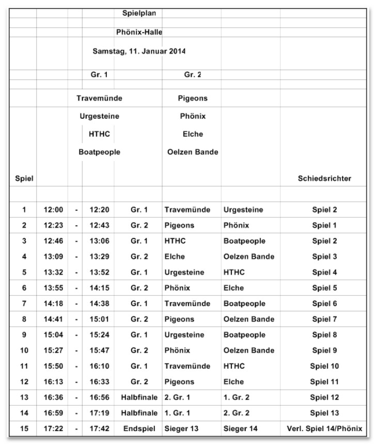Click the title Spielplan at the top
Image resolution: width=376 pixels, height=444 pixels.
click(138, 13)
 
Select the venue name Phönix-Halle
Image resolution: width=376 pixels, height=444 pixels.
click(139, 33)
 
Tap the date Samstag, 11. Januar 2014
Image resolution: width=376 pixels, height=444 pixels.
click(139, 52)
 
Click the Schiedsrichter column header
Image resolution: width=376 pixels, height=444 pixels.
click(324, 179)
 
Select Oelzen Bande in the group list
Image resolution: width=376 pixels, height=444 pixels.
click(193, 152)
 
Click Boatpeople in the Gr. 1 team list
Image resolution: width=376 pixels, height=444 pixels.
click(99, 152)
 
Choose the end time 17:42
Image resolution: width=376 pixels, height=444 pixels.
click(98, 429)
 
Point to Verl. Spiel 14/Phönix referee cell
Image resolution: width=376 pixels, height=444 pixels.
click(324, 429)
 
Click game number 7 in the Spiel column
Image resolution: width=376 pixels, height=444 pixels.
click(24, 304)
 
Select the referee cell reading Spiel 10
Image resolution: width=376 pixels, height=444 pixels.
click(324, 367)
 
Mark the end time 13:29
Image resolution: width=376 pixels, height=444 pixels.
click(98, 257)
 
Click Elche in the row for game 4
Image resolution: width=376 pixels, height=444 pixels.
click(175, 257)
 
